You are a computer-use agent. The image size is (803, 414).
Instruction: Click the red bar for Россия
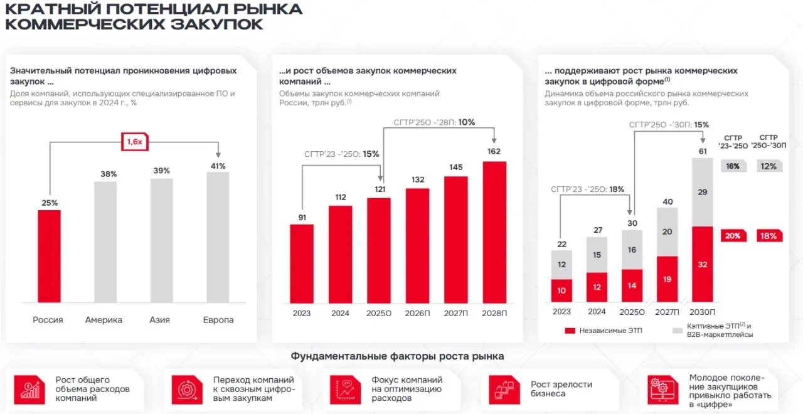(x=49, y=256)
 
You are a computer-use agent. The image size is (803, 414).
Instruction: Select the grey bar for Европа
(x=218, y=237)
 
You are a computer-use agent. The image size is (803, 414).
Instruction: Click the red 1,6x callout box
(x=134, y=142)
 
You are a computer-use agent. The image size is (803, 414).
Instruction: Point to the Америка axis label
(x=104, y=320)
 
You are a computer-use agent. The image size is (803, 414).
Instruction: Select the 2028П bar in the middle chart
(x=494, y=231)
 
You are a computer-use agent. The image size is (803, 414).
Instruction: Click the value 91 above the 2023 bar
(x=301, y=217)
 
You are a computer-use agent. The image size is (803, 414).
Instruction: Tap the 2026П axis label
(x=417, y=313)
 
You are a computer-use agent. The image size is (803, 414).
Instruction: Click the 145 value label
(x=455, y=167)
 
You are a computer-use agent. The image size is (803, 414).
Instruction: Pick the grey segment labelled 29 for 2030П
(x=703, y=192)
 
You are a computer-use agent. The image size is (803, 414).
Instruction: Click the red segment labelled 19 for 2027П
(x=667, y=279)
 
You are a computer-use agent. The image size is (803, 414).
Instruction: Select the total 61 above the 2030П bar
(x=703, y=151)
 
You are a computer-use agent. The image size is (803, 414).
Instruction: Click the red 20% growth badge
(x=733, y=236)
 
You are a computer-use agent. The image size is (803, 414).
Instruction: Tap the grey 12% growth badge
(x=769, y=166)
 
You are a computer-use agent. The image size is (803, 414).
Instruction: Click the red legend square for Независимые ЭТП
(x=570, y=330)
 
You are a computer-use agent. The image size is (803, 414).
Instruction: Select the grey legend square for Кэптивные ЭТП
(x=677, y=330)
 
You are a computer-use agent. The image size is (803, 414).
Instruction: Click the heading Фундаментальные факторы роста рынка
(x=397, y=356)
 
